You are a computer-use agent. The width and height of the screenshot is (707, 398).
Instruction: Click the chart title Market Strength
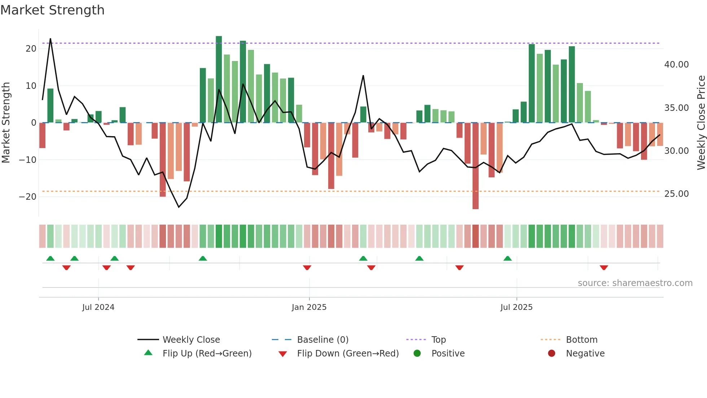pos(52,10)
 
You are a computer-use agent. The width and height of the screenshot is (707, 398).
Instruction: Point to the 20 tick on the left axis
pos(31,49)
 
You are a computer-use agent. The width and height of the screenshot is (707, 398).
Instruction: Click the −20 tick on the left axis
pos(28,197)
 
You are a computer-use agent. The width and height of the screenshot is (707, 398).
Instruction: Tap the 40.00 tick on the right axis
pos(676,65)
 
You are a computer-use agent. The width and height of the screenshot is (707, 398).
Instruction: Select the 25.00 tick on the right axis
pos(676,194)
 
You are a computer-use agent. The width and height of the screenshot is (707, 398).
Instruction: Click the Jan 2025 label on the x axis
pos(309,307)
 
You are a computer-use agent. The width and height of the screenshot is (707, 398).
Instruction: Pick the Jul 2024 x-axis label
pos(98,307)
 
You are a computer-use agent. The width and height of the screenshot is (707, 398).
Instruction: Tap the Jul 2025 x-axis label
pos(516,307)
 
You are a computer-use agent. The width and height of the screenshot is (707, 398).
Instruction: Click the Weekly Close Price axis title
pos(701,123)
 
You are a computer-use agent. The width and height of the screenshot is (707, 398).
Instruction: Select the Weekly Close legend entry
pos(191,340)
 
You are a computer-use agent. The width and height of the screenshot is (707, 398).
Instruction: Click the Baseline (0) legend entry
pos(322,340)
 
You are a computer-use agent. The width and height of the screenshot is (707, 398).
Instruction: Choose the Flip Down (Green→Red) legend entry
pos(348,354)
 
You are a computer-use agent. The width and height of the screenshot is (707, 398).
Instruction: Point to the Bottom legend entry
pos(581,340)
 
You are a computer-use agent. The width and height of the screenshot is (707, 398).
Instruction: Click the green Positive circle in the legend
pos(417,354)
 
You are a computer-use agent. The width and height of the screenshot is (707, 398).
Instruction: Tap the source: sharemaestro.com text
pos(635,283)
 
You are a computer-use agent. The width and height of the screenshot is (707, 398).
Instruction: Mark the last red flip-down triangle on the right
pos(604,268)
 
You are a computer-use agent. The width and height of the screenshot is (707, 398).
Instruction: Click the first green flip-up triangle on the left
pos(50,258)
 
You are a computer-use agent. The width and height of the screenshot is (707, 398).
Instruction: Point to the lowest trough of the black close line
pos(179,207)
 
